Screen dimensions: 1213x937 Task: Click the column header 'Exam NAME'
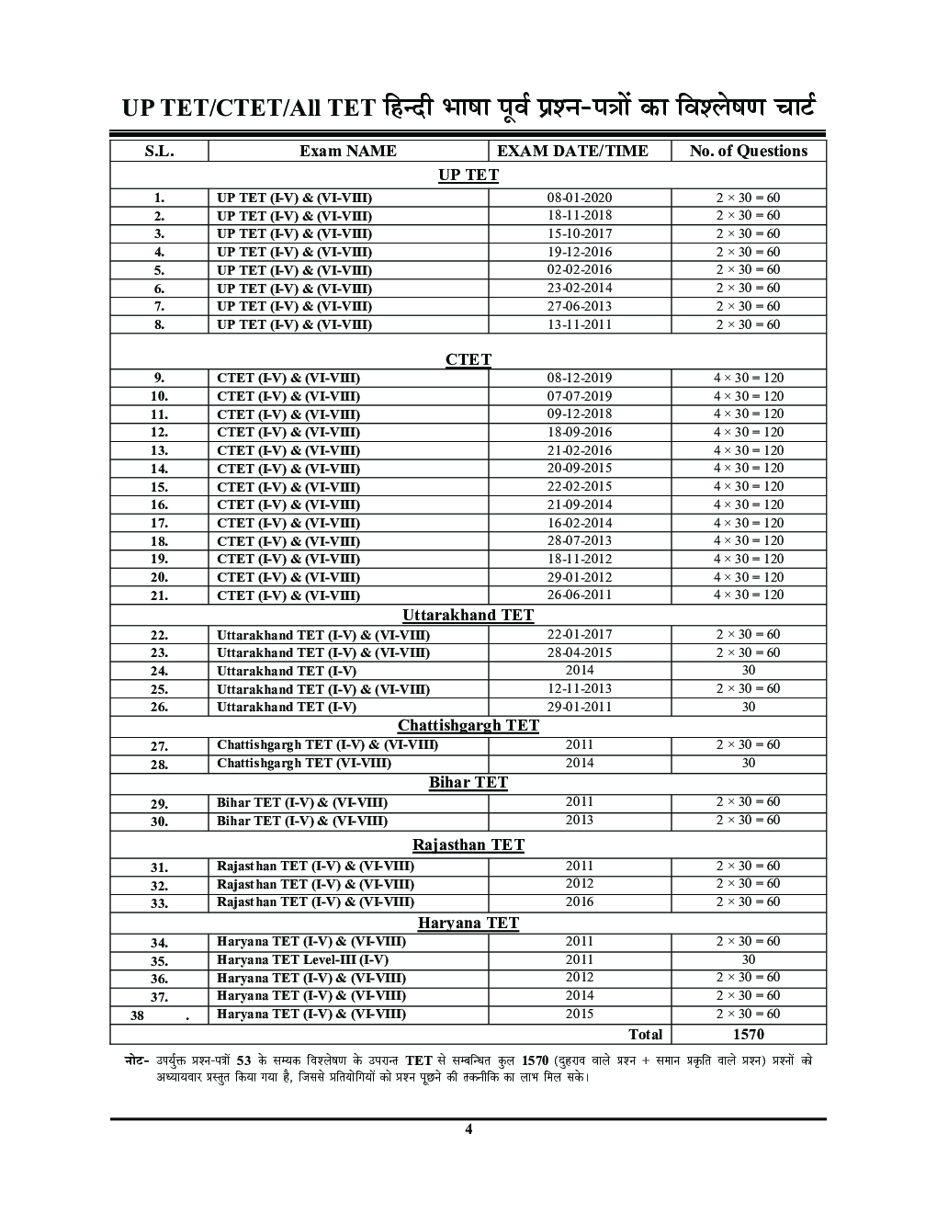click(x=347, y=151)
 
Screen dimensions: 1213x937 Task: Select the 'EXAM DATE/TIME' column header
click(x=572, y=151)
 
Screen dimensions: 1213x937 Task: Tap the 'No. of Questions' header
click(x=748, y=151)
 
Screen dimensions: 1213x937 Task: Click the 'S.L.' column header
click(x=159, y=151)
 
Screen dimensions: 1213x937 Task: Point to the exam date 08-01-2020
click(x=579, y=198)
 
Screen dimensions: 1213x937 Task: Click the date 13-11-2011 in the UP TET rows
click(x=579, y=324)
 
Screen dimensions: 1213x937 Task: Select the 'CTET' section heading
click(x=468, y=359)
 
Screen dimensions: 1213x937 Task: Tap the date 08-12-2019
click(x=579, y=378)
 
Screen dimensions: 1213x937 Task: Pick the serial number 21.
click(x=159, y=595)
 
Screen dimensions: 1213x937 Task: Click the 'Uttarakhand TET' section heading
click(x=468, y=615)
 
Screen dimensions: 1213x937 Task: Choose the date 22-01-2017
click(x=579, y=634)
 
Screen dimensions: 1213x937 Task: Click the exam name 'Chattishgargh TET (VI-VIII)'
click(x=304, y=763)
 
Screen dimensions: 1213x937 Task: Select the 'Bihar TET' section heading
click(x=468, y=782)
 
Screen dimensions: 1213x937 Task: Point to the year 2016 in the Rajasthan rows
click(x=579, y=901)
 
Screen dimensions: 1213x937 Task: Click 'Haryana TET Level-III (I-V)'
click(x=302, y=959)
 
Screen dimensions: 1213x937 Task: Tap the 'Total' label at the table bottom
click(x=645, y=1034)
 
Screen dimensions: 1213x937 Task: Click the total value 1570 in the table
click(x=748, y=1034)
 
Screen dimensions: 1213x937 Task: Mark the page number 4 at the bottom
click(x=468, y=1129)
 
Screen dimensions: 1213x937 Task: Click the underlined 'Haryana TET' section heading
click(x=468, y=923)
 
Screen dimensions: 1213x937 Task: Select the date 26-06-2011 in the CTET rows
click(x=579, y=595)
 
